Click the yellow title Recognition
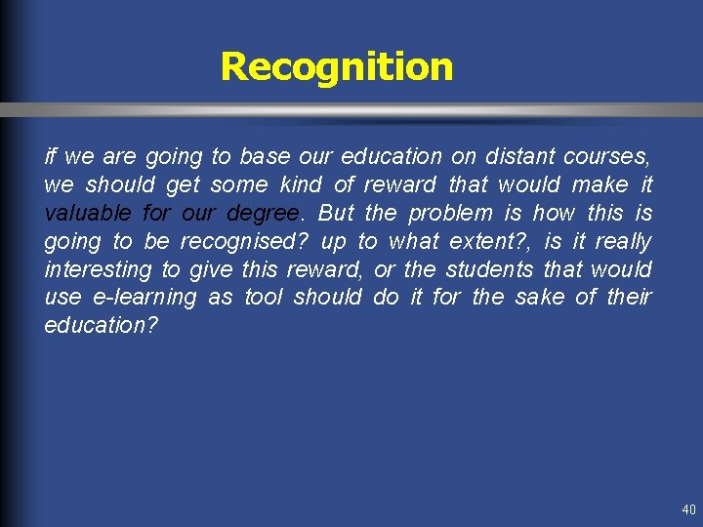pos(337,66)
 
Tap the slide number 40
pos(689,510)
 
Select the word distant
pos(518,156)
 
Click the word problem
pos(451,213)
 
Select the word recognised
pos(249,241)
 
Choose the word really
pos(624,241)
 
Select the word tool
pos(263,298)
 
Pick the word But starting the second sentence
pos(336,213)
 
